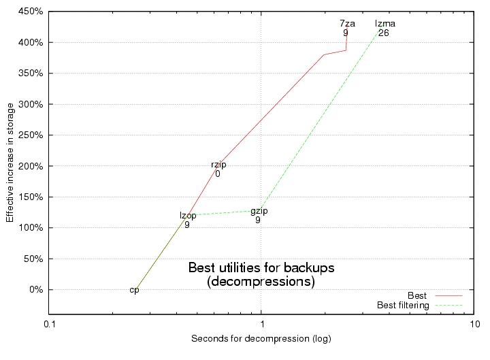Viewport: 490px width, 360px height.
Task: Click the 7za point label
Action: (x=347, y=23)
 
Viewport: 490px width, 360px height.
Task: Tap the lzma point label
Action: (x=385, y=24)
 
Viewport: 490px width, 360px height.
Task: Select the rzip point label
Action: (x=218, y=165)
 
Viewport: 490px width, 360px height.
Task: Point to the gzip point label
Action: (x=259, y=211)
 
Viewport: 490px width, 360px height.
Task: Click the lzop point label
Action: (x=188, y=216)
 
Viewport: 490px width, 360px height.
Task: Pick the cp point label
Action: (x=135, y=290)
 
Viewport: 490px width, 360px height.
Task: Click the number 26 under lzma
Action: (x=384, y=33)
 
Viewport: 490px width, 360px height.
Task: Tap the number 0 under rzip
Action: (x=217, y=174)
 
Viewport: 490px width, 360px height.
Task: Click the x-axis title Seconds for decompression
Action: (x=261, y=338)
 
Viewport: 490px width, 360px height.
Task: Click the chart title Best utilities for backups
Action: (x=261, y=267)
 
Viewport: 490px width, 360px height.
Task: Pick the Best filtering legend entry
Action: (x=403, y=306)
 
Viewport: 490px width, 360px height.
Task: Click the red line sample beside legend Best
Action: (x=448, y=296)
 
